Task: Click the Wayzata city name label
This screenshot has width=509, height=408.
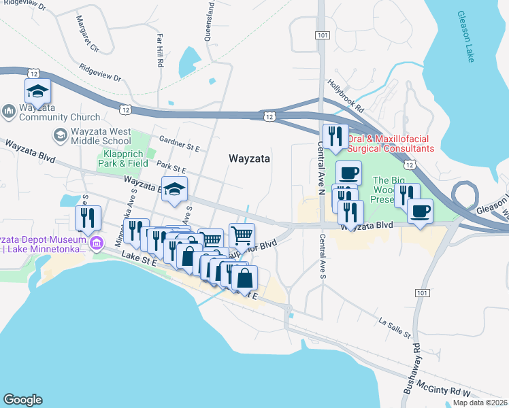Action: [x=249, y=158]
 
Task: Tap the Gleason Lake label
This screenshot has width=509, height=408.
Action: [x=466, y=37]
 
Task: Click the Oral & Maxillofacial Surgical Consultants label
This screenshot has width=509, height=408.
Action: [x=390, y=143]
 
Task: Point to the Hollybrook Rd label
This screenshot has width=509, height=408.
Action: [x=346, y=96]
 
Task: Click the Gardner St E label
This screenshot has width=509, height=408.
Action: [x=178, y=146]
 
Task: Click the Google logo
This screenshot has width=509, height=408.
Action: [x=22, y=400]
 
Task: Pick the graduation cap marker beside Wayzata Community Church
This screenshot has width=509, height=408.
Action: [x=38, y=92]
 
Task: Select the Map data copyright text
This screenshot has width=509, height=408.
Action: [x=480, y=403]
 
